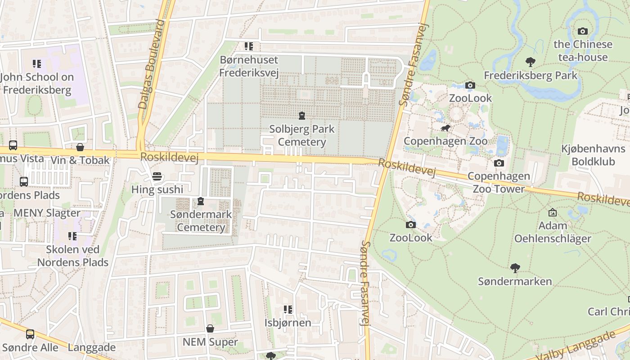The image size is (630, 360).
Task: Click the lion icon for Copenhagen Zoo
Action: point(445,129)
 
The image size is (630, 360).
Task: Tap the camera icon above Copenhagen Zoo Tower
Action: point(499,163)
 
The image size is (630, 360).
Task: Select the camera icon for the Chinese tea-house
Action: point(583,31)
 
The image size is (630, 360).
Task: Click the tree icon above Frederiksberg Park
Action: point(531,62)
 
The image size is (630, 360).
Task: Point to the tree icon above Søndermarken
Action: point(515,269)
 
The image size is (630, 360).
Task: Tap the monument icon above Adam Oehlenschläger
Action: point(553,212)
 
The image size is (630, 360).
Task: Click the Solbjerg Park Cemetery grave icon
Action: point(301,116)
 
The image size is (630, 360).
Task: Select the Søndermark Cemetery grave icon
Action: point(201,201)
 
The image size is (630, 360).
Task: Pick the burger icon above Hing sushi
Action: point(157,176)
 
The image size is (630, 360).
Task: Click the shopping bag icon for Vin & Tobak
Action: point(80,147)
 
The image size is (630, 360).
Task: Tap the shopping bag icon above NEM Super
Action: point(210,329)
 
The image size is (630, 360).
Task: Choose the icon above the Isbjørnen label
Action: point(288,310)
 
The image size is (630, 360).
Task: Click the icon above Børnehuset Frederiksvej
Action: point(249,46)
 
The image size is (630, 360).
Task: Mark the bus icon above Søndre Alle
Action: point(30,334)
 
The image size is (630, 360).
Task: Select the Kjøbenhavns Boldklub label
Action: point(593,155)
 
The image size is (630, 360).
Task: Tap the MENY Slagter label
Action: point(47,213)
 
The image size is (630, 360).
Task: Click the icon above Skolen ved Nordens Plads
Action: point(72,236)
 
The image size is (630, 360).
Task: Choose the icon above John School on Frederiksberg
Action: point(37,64)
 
